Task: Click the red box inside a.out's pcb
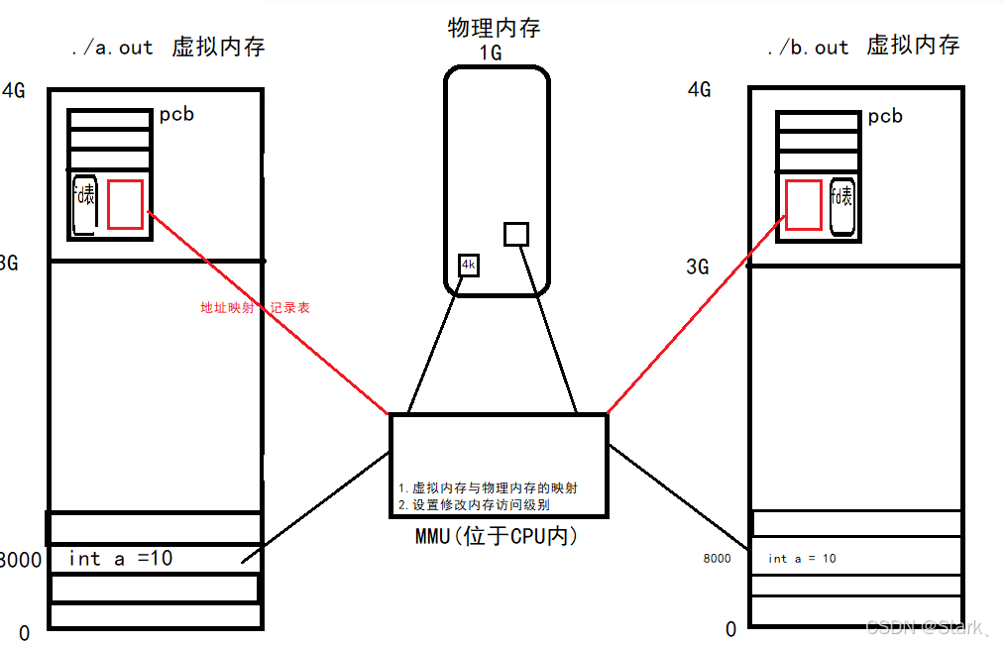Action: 125,205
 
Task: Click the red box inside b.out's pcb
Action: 803,205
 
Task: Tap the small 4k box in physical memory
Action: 469,266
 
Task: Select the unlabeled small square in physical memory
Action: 516,234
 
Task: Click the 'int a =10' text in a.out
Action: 121,559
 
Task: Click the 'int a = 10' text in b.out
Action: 802,559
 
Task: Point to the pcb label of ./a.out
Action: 176,114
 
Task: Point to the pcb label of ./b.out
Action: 885,116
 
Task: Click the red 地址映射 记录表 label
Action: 255,308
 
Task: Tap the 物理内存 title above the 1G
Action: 495,28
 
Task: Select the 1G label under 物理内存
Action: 491,53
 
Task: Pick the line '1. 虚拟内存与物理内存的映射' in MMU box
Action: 488,488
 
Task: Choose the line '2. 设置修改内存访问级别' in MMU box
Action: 474,504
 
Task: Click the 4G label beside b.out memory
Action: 700,90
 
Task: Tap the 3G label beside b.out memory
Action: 698,268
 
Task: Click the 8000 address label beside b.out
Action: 717,559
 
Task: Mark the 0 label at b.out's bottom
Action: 731,629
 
